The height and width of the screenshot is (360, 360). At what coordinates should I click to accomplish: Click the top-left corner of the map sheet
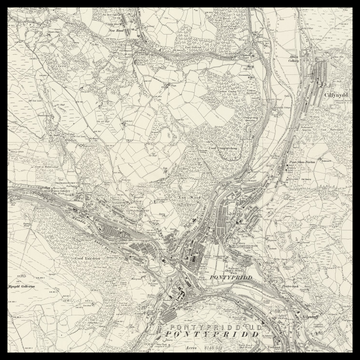[x=5, y=5]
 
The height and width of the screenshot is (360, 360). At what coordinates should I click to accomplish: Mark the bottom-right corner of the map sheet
[x=354, y=354]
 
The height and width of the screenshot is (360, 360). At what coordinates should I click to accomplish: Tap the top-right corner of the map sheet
[x=354, y=5]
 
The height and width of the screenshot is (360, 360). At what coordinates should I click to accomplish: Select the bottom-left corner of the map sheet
[x=5, y=354]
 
